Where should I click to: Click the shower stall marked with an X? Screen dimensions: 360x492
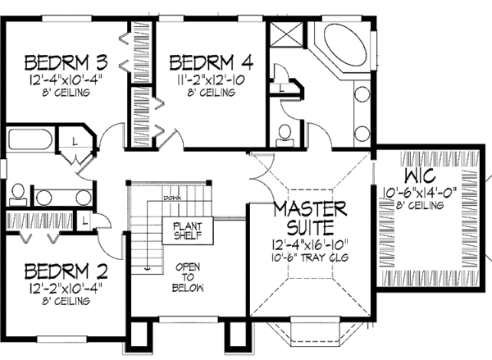click(284, 39)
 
